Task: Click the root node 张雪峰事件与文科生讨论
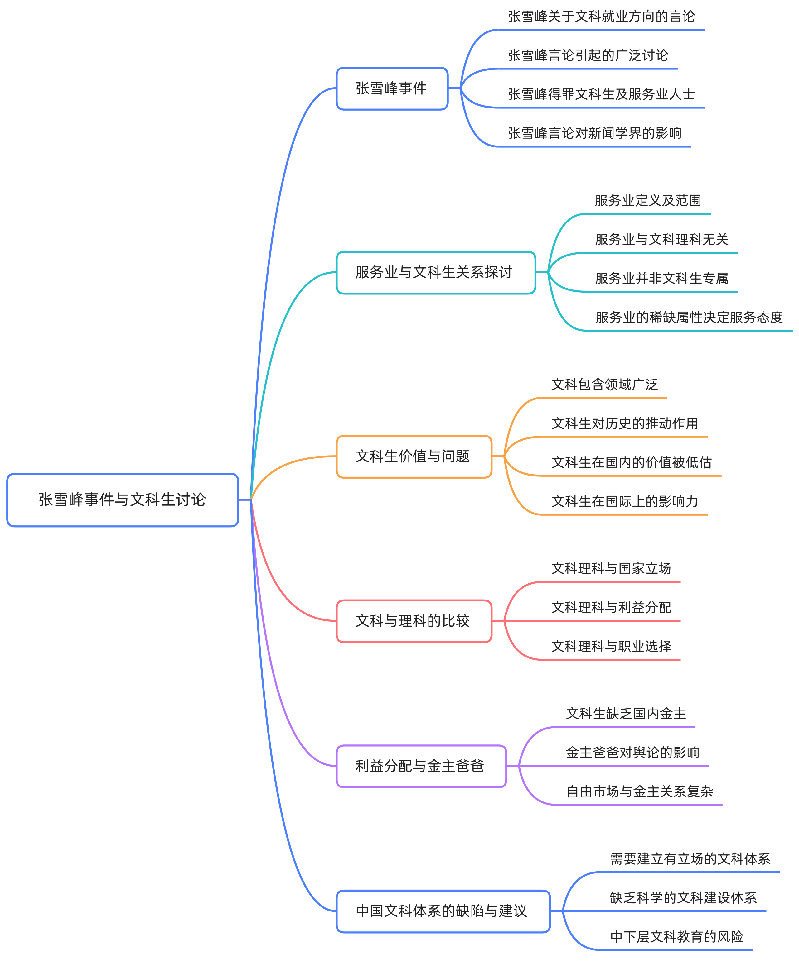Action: (123, 500)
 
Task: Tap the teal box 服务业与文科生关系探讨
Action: (435, 272)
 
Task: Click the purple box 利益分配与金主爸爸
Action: (421, 766)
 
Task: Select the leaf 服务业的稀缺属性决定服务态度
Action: (689, 317)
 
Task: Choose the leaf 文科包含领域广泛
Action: (604, 385)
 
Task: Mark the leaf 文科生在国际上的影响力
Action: (625, 501)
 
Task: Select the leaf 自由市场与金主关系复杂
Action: (639, 791)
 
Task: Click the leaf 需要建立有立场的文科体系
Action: (690, 859)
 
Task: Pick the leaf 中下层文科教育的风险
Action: (676, 937)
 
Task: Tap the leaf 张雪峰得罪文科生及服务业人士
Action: (601, 95)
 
